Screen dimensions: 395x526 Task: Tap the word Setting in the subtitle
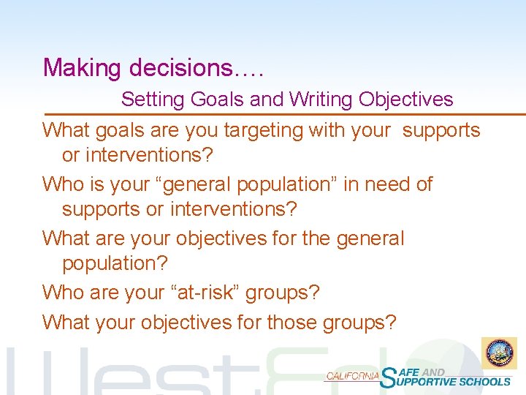point(154,99)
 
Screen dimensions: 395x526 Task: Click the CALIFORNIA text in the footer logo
point(352,376)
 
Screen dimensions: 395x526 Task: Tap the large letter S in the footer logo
point(391,376)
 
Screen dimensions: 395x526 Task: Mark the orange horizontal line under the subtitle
point(285,114)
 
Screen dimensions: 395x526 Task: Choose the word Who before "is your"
point(62,184)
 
